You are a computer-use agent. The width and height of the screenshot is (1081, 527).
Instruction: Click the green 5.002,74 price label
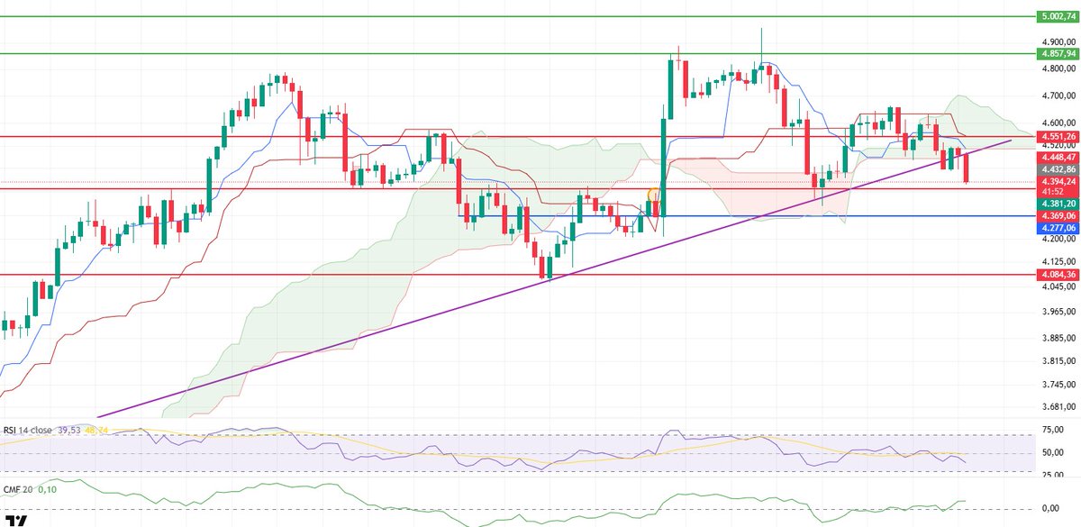click(x=1056, y=16)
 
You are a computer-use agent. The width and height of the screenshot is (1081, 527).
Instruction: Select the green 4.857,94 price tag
click(x=1056, y=54)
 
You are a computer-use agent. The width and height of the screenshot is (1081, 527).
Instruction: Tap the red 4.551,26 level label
click(x=1056, y=137)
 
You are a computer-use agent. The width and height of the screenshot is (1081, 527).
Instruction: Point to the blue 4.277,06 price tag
click(x=1056, y=229)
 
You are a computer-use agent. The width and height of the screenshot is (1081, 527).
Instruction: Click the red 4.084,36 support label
click(x=1056, y=275)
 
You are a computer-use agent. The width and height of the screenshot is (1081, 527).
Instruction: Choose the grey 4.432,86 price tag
click(x=1056, y=168)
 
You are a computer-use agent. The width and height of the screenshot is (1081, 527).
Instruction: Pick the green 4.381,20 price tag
click(x=1056, y=204)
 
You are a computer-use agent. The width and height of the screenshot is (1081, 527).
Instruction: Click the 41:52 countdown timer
click(x=1051, y=192)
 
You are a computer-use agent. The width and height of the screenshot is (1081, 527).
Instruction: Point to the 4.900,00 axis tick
click(x=1056, y=42)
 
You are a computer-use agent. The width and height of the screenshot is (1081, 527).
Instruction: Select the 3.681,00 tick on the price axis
click(x=1056, y=406)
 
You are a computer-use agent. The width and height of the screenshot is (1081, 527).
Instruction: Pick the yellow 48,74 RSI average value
click(x=97, y=430)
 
